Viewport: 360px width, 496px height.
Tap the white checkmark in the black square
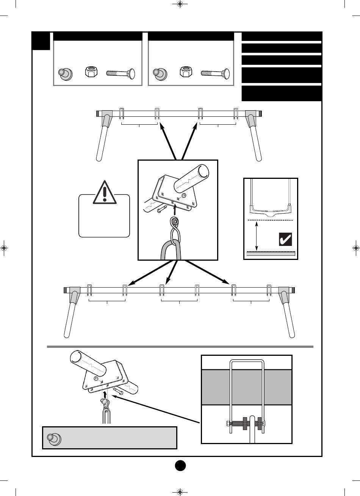285,239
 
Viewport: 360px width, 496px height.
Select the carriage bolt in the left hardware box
121,72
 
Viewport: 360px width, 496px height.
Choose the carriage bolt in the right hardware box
215,72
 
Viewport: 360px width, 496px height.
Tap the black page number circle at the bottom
180,465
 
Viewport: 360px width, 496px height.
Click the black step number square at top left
41,41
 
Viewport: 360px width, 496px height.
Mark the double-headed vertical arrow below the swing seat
257,236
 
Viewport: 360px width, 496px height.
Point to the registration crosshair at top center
180,5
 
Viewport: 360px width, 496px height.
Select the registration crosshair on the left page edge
4,248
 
